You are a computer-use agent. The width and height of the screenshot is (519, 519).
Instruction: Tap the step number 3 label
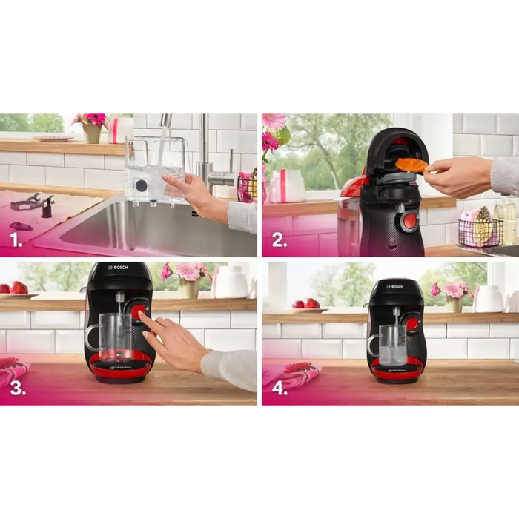pyautogui.click(x=17, y=389)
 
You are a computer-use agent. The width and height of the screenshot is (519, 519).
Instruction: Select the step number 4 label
pyautogui.click(x=280, y=389)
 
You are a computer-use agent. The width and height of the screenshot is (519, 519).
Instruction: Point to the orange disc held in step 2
pyautogui.click(x=411, y=165)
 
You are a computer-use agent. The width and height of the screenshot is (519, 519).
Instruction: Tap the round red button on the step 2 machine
pyautogui.click(x=409, y=220)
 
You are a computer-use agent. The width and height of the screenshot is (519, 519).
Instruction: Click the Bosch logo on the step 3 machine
pyautogui.click(x=119, y=268)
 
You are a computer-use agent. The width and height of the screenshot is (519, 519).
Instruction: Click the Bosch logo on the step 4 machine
pyautogui.click(x=396, y=286)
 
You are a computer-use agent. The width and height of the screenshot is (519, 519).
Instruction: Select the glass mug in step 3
pyautogui.click(x=112, y=337)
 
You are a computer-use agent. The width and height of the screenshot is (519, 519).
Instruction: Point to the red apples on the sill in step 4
pyautogui.click(x=305, y=303)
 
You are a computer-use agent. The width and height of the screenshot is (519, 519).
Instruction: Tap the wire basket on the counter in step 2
pyautogui.click(x=480, y=231)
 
